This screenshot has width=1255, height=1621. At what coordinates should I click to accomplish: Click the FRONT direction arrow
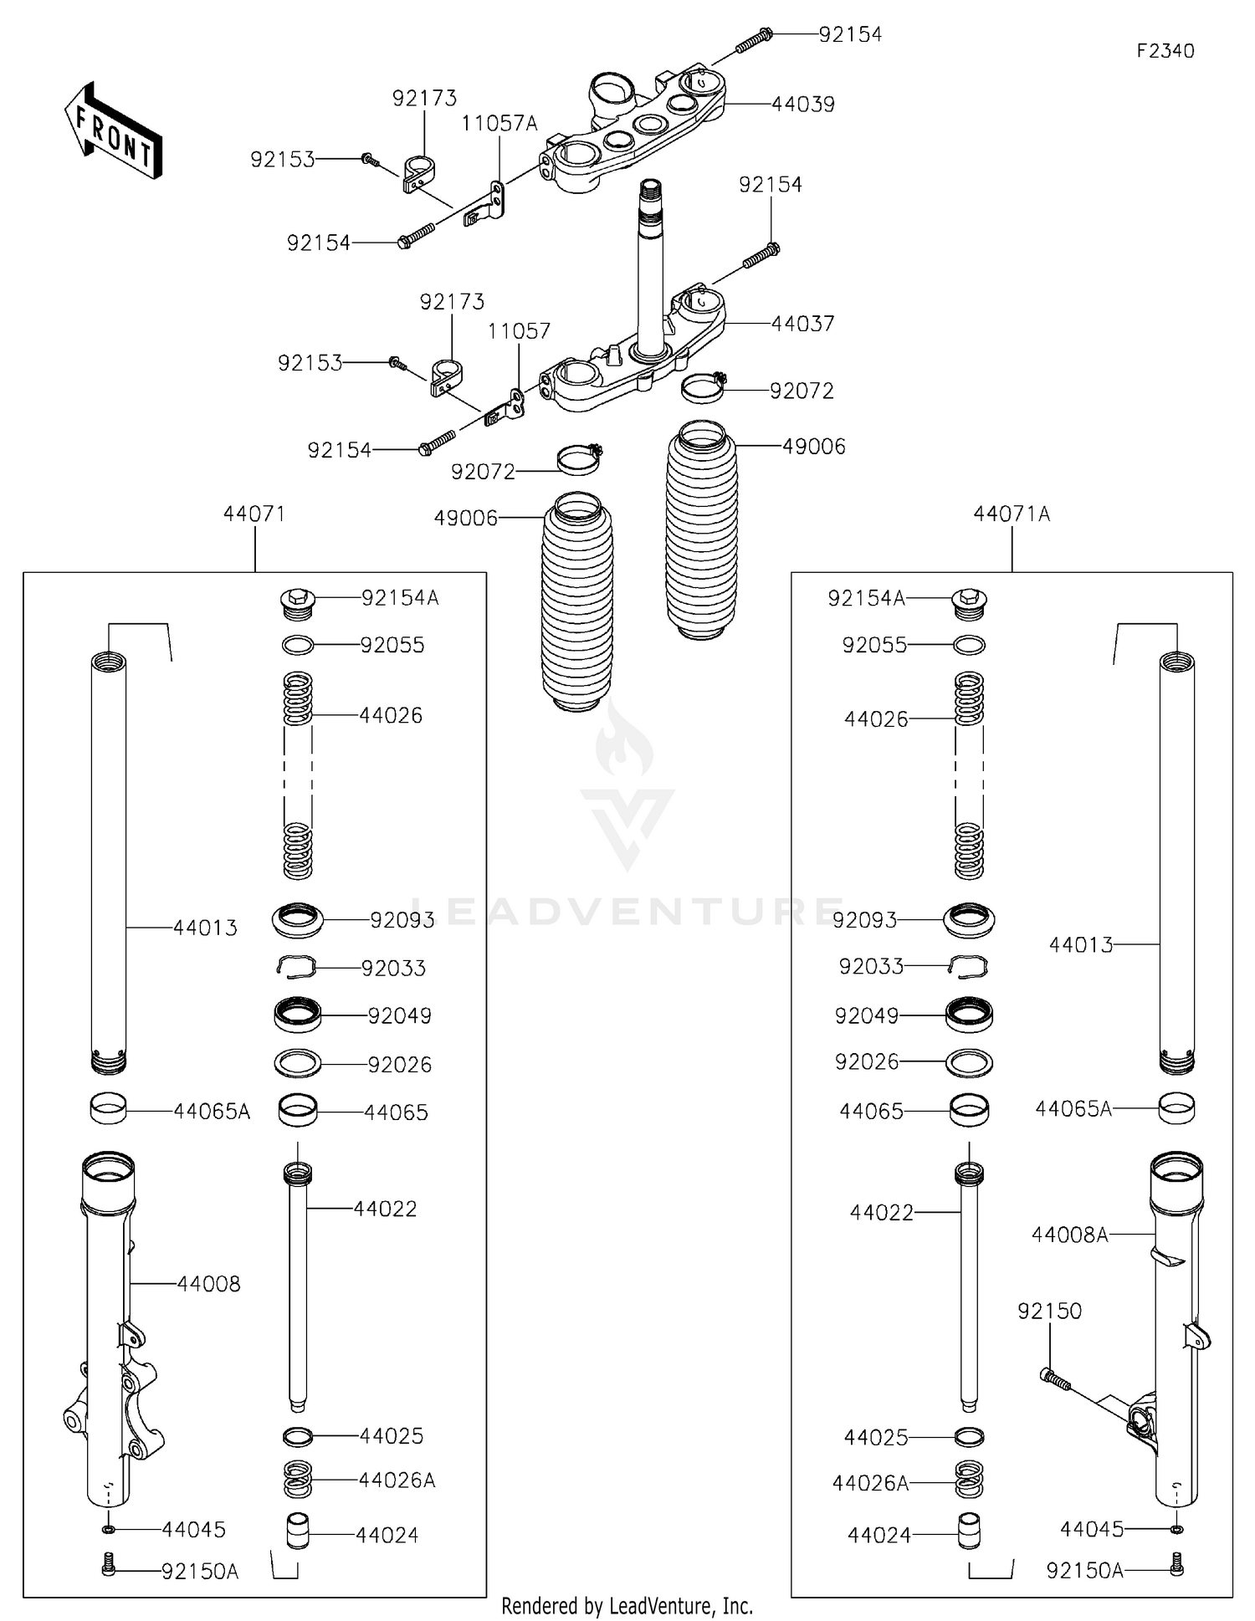113,132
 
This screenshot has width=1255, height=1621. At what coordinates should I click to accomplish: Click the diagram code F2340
1165,51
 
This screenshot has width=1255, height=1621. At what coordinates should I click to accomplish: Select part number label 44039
802,105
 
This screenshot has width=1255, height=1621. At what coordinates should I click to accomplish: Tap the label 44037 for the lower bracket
802,324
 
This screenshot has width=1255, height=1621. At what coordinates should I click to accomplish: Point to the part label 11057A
499,124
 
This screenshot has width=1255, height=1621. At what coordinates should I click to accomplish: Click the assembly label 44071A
1011,514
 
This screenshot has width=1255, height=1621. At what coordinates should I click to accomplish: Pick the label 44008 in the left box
208,1283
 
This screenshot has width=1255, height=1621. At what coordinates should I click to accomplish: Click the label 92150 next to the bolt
1049,1311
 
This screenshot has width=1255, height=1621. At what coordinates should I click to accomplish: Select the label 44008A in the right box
1069,1234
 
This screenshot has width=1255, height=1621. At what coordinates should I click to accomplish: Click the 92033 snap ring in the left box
296,967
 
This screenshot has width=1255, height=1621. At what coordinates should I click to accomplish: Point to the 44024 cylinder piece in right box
969,1530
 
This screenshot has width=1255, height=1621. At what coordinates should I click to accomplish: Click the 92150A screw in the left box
108,1563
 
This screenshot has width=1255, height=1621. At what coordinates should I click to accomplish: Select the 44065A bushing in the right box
1176,1108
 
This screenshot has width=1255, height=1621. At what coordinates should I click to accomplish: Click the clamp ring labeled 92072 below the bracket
703,388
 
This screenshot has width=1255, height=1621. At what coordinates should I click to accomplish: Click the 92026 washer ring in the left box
297,1063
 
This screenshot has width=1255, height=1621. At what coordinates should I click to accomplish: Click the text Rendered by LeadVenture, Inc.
627,1606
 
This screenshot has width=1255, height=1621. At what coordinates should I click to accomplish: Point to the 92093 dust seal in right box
969,919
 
